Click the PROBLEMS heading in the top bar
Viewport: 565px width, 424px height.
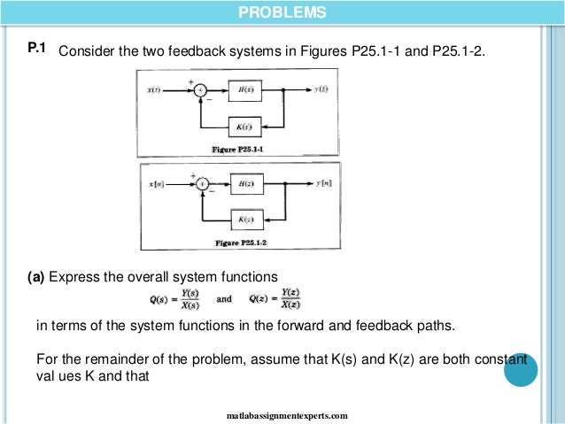(x=282, y=12)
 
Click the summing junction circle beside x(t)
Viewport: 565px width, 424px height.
(x=201, y=90)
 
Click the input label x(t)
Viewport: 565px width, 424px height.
(x=154, y=90)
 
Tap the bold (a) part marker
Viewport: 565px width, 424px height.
(x=36, y=276)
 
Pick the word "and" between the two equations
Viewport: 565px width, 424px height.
(x=224, y=298)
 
